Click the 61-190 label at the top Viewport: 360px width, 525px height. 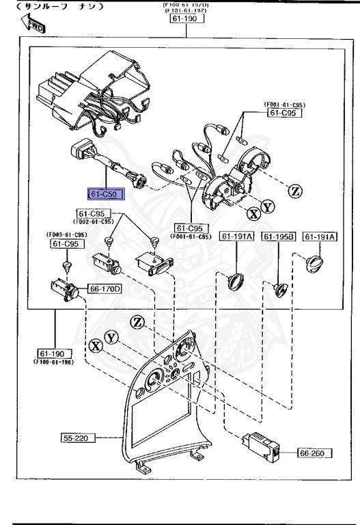point(184,18)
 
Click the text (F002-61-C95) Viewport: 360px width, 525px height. point(94,221)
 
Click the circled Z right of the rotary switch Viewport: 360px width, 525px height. point(294,191)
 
